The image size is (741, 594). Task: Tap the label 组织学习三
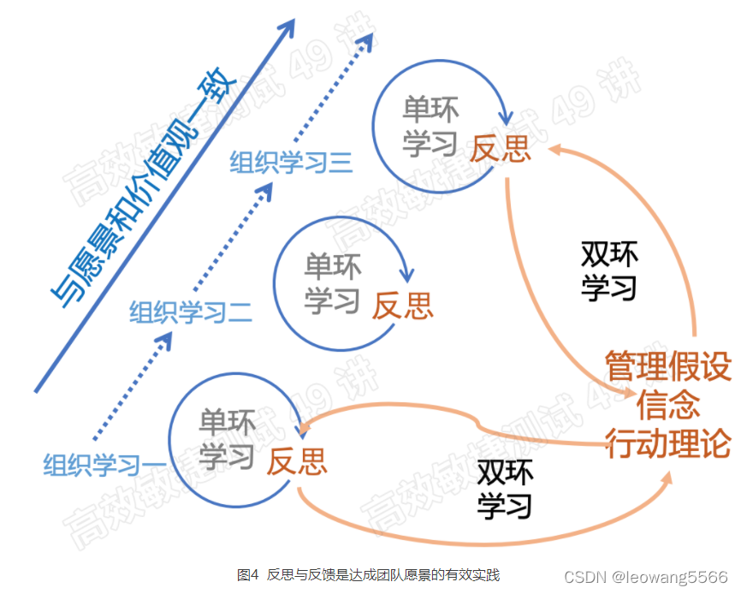291,162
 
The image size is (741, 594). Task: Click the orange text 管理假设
668,366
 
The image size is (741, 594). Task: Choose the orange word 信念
668,405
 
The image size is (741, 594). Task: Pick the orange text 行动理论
668,443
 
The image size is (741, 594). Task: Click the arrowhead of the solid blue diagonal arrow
288,26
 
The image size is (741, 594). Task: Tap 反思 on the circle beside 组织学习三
501,149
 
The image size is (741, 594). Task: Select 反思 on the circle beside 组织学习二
402,305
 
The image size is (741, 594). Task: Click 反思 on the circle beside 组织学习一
296,461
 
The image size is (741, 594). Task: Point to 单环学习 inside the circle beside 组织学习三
431,126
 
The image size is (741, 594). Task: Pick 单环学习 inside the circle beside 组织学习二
332,282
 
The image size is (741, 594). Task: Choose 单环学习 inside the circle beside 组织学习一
227,439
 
